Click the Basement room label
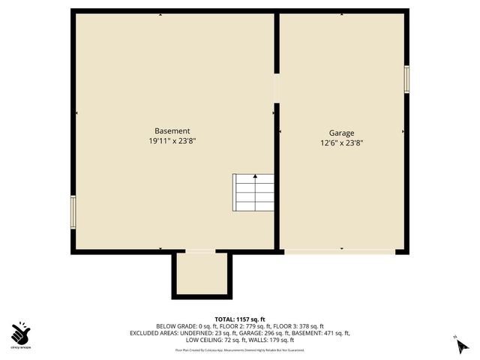click(172, 130)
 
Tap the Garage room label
click(341, 133)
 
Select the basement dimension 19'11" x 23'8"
click(172, 140)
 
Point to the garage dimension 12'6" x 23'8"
click(341, 143)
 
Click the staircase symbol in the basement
click(254, 193)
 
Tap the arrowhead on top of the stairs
click(255, 177)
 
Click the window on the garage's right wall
click(406, 79)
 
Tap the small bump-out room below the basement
click(201, 274)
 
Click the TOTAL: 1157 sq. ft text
click(239, 319)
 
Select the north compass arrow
click(457, 346)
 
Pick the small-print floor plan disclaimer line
click(239, 349)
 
